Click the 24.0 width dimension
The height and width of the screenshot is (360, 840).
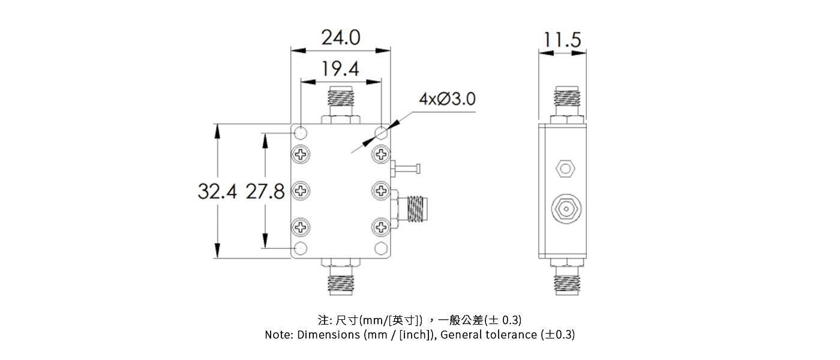(341, 38)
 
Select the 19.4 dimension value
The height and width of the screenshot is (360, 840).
(340, 70)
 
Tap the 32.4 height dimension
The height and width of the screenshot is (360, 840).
(217, 191)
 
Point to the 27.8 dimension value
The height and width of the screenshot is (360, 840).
(265, 191)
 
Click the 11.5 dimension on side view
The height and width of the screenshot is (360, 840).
(562, 40)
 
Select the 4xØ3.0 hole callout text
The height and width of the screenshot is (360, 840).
(447, 99)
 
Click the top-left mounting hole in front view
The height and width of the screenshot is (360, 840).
(301, 132)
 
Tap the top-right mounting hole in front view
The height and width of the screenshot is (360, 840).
(381, 132)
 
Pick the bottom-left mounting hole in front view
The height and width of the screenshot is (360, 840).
(301, 248)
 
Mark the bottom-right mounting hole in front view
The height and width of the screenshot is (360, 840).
(381, 248)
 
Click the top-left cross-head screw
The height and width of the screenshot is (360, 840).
(301, 155)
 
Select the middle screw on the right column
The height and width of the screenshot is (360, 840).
(381, 191)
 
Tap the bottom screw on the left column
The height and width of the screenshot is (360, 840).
(301, 227)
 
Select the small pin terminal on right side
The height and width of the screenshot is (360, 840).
(407, 169)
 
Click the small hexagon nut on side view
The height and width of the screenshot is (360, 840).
(565, 169)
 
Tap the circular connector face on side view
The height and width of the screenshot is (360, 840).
(565, 209)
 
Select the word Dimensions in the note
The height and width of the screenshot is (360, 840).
(328, 335)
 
